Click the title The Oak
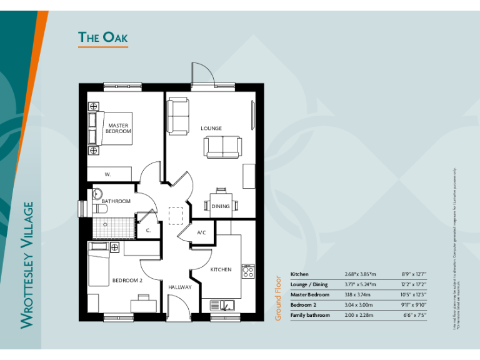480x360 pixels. (x=102, y=37)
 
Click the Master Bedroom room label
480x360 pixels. (x=118, y=129)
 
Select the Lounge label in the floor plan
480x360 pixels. (x=211, y=129)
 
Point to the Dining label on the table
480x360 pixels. (x=221, y=206)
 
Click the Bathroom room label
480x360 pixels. (x=116, y=201)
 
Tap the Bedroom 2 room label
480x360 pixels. (x=127, y=281)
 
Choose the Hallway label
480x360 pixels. (x=180, y=287)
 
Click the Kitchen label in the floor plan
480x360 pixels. (x=221, y=269)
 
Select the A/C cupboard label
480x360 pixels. (x=201, y=232)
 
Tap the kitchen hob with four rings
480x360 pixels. (x=247, y=271)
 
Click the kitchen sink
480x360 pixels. (x=222, y=305)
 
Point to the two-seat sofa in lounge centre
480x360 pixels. (x=222, y=147)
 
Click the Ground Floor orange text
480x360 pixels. (x=279, y=298)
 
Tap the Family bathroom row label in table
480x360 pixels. (x=310, y=315)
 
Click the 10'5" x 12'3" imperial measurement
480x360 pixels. (x=414, y=294)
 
